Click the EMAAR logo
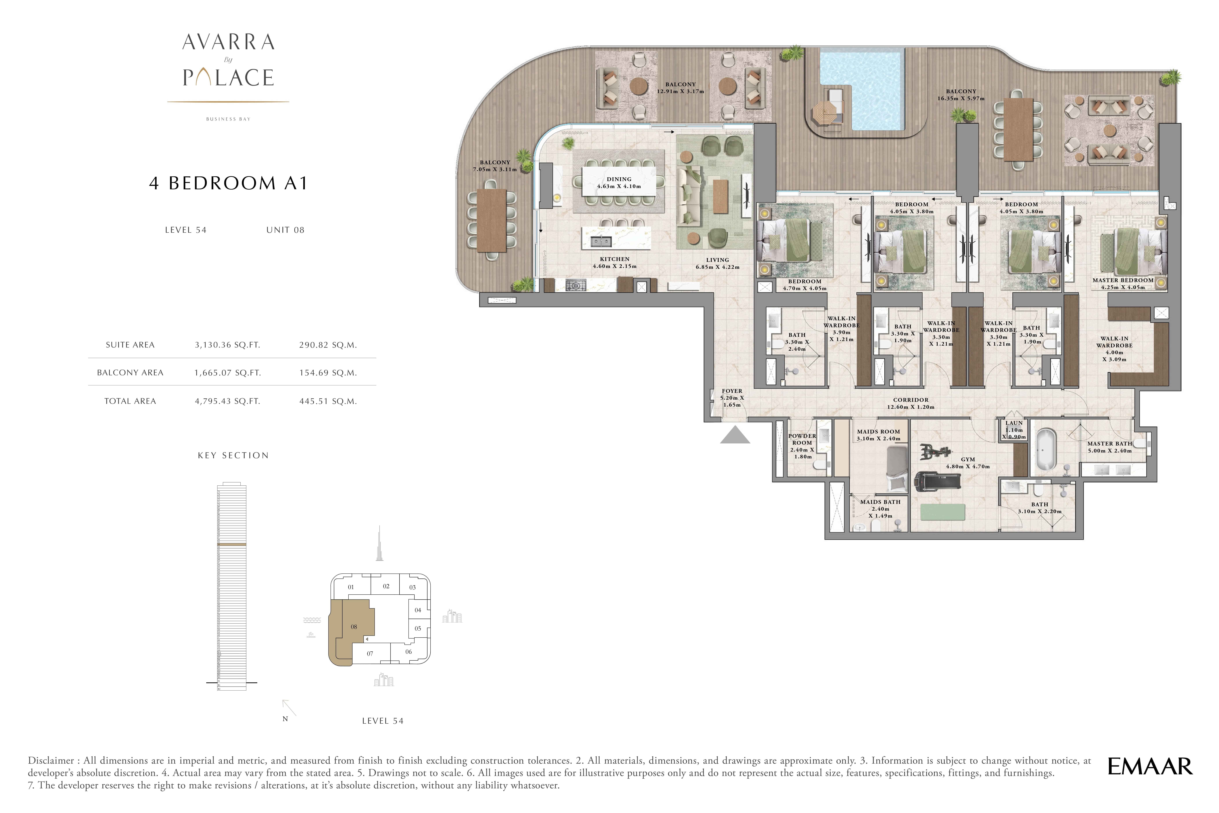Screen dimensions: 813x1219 pos(1149,766)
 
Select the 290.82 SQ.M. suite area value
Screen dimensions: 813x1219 pos(328,345)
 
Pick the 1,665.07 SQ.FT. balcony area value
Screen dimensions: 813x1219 pos(227,373)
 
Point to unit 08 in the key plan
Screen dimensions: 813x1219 pos(354,627)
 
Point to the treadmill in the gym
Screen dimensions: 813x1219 pos(937,481)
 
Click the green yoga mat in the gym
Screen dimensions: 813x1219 pos(943,512)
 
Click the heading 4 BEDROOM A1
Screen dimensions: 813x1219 pos(228,183)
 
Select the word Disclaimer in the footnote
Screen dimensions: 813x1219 pos(51,761)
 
